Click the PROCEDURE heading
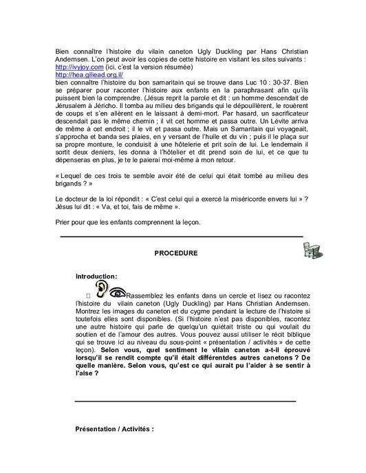(x=176, y=254)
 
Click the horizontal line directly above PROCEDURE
(x=182, y=237)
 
